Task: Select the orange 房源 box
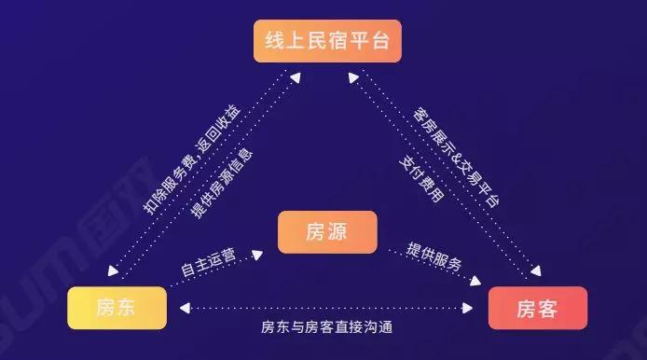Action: (326, 232)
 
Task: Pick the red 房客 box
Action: (538, 308)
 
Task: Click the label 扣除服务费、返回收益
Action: (192, 157)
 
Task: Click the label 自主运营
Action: (207, 262)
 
